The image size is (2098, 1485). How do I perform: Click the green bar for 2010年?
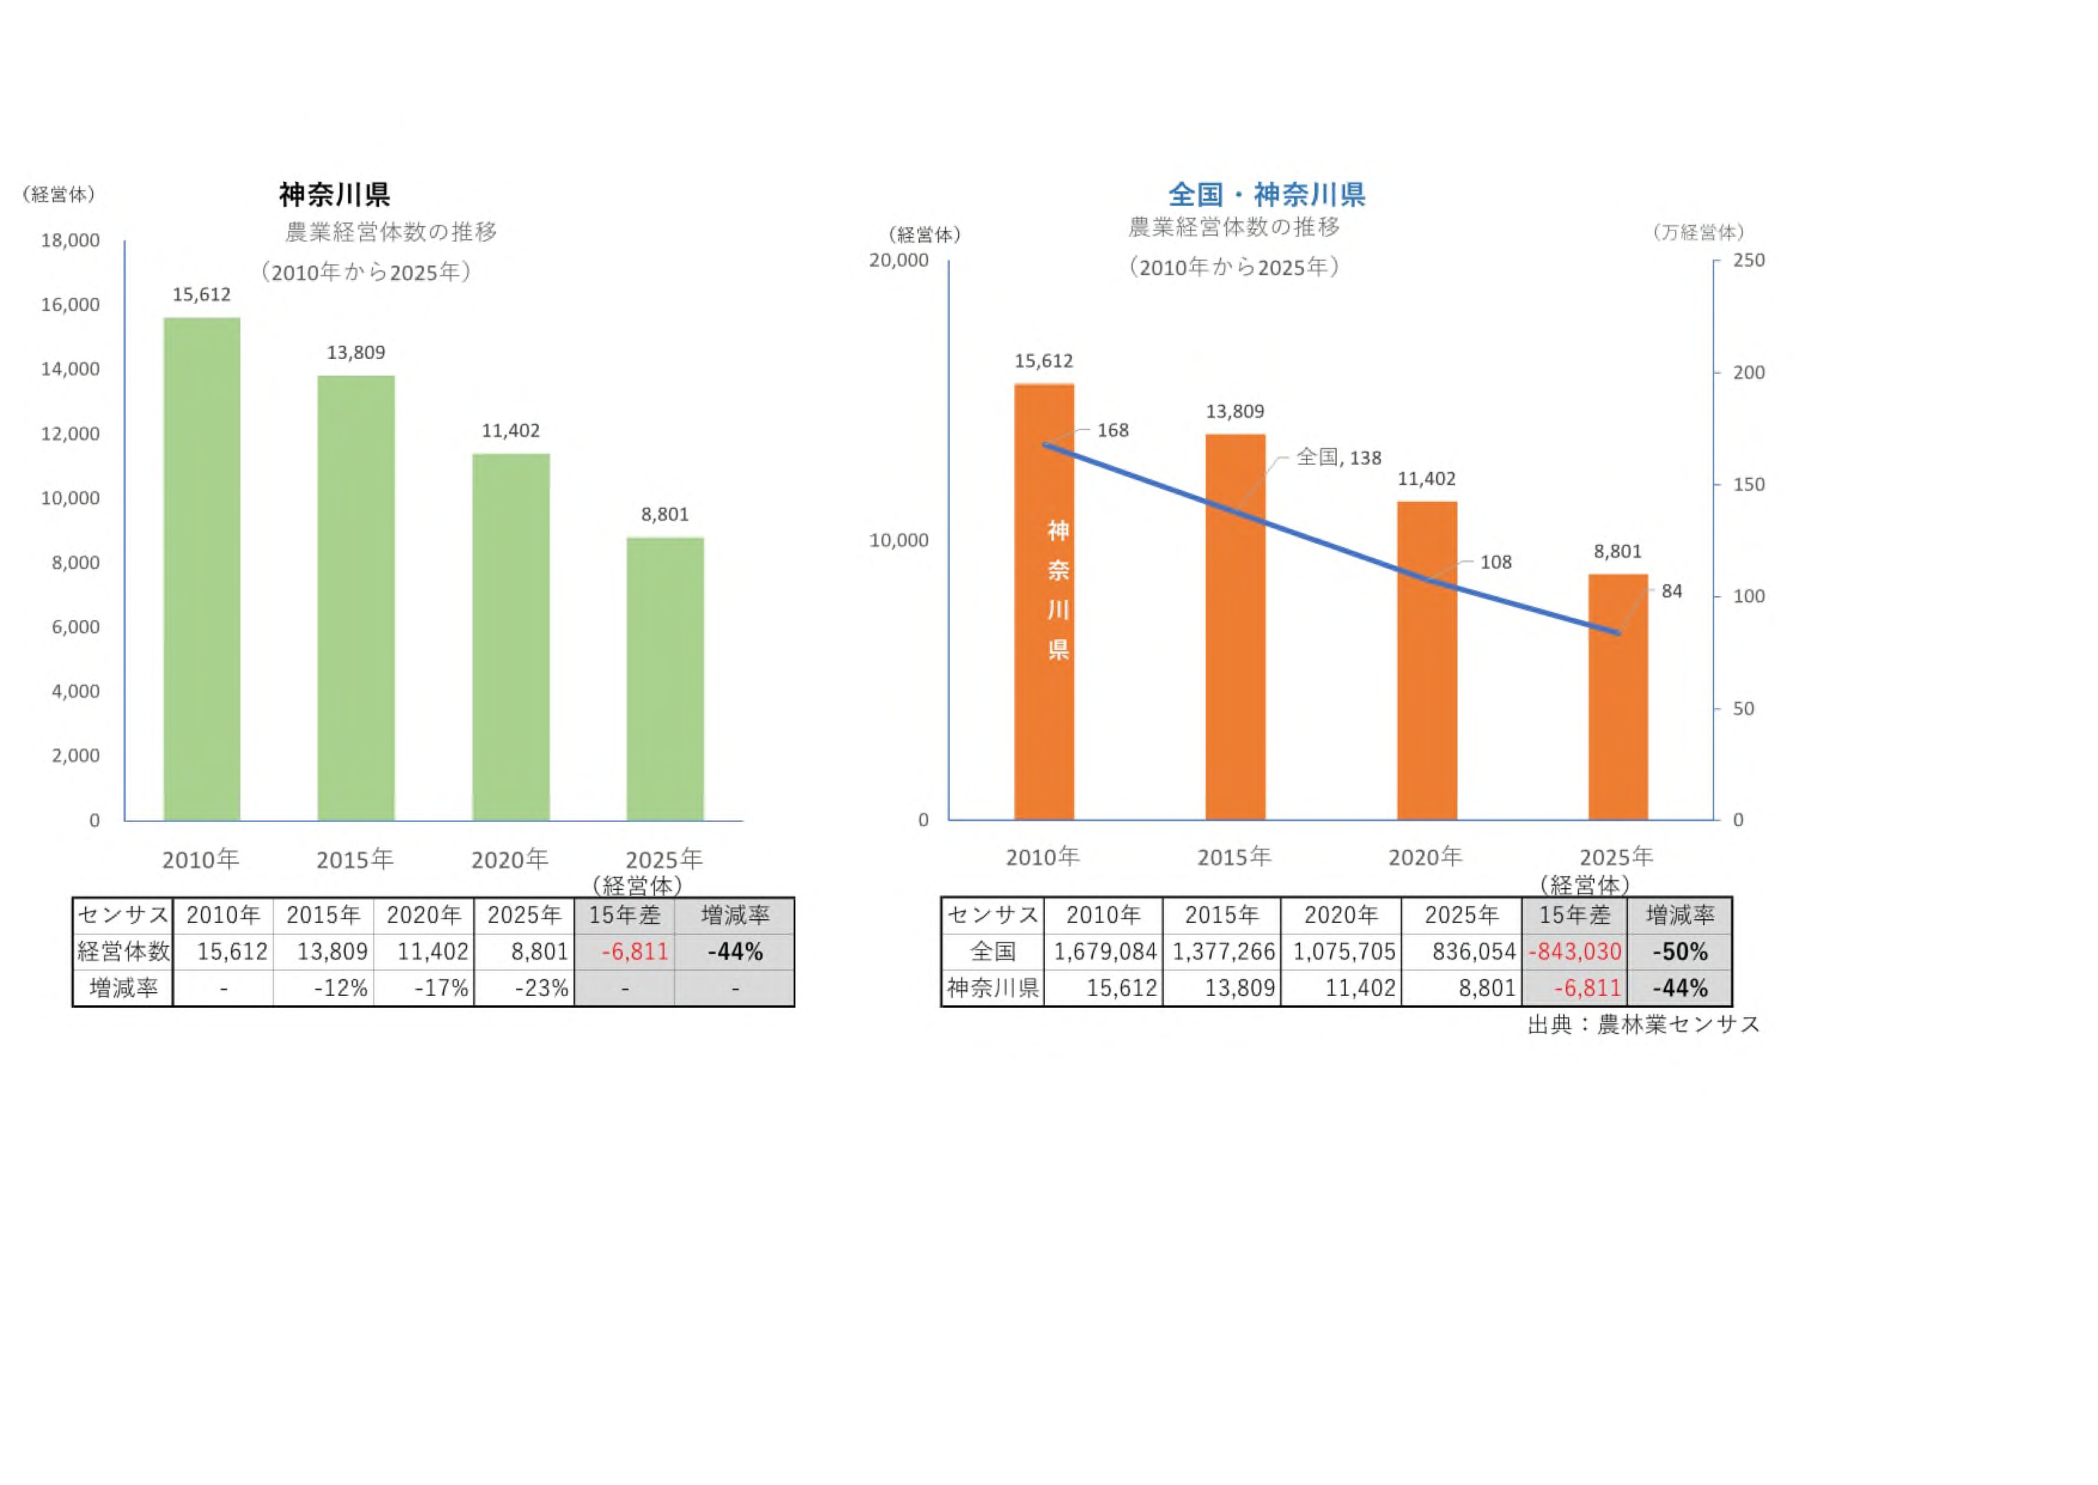201,569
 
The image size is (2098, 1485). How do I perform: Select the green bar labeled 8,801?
664,678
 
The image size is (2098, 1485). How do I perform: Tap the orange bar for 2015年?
1235,626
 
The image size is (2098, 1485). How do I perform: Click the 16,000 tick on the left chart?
71,304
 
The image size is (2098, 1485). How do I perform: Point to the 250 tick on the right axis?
1749,260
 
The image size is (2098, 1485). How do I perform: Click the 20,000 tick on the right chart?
899,260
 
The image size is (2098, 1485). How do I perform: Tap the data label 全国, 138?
1338,457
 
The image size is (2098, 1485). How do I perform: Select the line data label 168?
1112,430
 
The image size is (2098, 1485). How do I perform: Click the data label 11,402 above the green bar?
510,431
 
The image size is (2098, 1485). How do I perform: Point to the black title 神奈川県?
334,194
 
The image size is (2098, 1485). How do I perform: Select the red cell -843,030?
1574,952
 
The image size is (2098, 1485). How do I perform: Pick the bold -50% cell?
1679,952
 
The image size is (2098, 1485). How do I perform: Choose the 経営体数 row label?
123,952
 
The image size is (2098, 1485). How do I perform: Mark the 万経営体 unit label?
1698,232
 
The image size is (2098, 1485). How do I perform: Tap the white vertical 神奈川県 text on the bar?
1058,590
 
